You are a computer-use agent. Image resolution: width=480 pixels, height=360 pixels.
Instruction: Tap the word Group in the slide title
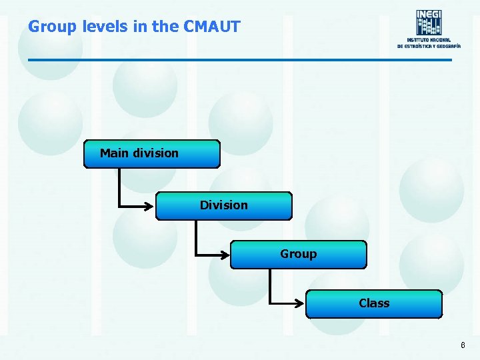(x=52, y=27)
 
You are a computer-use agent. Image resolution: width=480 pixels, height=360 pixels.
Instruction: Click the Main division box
(x=152, y=153)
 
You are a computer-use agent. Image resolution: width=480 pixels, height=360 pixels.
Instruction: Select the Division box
(x=224, y=205)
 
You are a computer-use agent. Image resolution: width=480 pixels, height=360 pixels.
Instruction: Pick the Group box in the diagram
(x=299, y=254)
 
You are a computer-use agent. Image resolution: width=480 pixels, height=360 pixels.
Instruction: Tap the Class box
(x=374, y=303)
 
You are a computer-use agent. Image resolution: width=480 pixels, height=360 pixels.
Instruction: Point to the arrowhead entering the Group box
(x=225, y=255)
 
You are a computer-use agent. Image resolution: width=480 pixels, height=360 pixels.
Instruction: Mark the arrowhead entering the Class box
(x=300, y=303)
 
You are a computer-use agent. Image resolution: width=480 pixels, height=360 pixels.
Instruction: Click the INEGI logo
(x=429, y=22)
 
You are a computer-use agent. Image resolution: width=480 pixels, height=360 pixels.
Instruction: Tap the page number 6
(x=463, y=345)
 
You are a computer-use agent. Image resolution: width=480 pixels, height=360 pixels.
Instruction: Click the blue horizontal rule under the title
(x=240, y=61)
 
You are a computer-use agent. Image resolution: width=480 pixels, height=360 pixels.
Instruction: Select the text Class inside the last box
(x=374, y=303)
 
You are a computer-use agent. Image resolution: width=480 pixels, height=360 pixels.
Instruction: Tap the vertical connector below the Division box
(x=195, y=236)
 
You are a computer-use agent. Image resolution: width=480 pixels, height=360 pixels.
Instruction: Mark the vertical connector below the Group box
(x=271, y=285)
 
